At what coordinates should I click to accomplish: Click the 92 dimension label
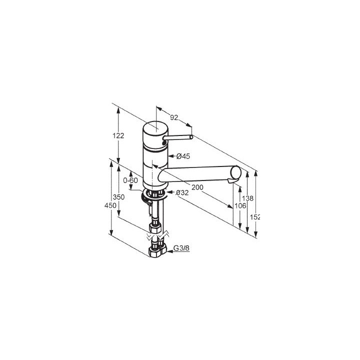(174, 118)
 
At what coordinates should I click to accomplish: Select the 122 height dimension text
(118, 136)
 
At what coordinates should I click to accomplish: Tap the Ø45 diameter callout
(183, 156)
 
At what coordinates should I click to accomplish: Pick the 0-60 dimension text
(130, 180)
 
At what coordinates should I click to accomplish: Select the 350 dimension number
(118, 197)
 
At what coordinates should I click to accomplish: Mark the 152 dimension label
(257, 216)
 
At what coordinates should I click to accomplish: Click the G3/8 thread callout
(181, 249)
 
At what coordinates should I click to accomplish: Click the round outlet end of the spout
(234, 174)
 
